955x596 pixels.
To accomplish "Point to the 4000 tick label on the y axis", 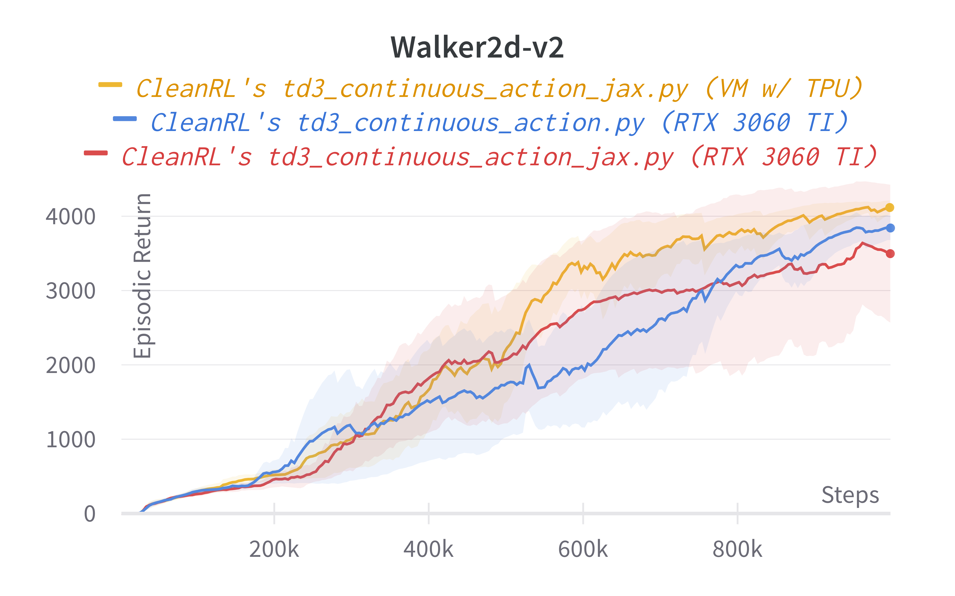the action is point(71,216).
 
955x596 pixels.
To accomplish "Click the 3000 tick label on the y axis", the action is point(71,291).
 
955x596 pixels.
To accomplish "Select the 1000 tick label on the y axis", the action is point(71,440).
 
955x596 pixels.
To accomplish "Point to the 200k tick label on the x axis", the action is point(274,549).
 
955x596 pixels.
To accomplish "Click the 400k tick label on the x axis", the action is point(428,549).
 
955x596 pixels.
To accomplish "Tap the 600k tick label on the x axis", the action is point(583,549).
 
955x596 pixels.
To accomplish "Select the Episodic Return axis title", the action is point(142,276).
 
